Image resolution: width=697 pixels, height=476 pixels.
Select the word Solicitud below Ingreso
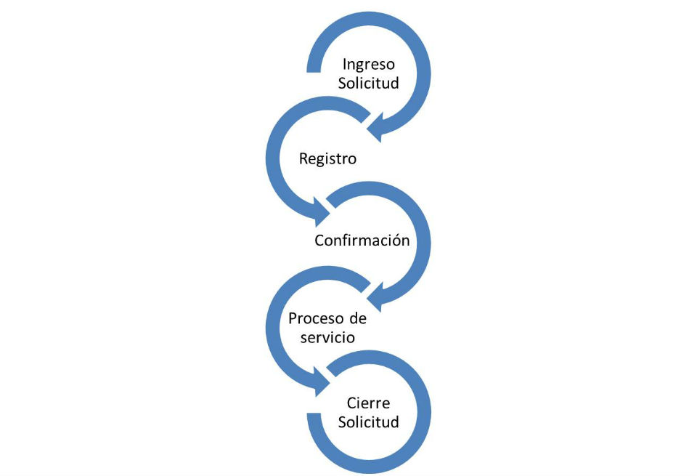(369, 83)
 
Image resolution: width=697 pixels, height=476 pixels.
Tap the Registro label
(328, 158)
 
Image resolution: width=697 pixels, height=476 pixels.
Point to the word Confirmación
(362, 240)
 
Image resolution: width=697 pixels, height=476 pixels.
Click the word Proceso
(315, 319)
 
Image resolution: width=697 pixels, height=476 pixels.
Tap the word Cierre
(368, 403)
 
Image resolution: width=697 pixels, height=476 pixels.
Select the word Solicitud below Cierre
(368, 421)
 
